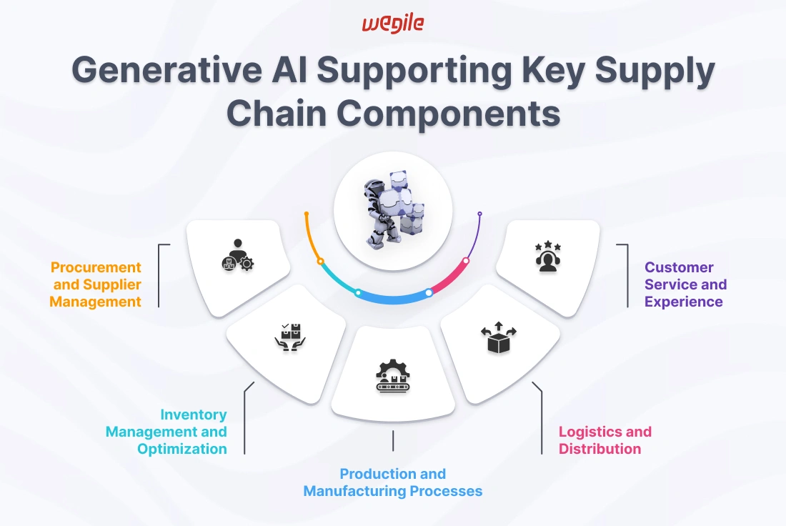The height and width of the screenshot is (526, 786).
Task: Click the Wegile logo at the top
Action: click(x=392, y=23)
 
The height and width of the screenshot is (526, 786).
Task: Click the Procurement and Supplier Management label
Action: click(x=96, y=284)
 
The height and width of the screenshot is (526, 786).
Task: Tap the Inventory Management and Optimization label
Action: click(x=167, y=432)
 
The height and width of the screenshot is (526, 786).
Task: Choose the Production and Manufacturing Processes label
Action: click(x=392, y=482)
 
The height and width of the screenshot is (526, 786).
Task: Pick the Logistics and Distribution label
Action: click(x=605, y=440)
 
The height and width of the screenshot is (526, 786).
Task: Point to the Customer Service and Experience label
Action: click(x=685, y=284)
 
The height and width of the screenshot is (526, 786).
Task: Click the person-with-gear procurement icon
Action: click(x=237, y=255)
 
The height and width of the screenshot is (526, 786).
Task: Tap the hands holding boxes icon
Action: click(x=290, y=337)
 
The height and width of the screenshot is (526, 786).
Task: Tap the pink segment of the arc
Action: click(x=450, y=278)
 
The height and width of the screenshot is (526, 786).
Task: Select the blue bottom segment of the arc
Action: click(x=393, y=299)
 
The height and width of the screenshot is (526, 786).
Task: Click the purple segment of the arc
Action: click(x=476, y=236)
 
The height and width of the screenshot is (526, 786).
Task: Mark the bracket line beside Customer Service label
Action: click(x=627, y=275)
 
